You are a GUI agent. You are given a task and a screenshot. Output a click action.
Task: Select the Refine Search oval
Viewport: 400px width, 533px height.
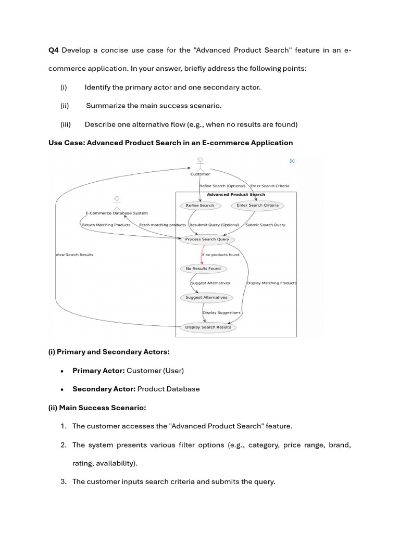tap(200, 206)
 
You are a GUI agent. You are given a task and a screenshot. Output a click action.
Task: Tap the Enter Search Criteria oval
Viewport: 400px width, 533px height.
tap(257, 205)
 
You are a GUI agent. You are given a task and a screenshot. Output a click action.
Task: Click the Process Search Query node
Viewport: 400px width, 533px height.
tap(207, 239)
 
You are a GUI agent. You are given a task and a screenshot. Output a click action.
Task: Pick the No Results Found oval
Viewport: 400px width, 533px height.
tap(203, 269)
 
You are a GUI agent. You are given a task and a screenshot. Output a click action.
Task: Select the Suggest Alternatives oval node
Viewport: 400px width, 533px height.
tap(206, 298)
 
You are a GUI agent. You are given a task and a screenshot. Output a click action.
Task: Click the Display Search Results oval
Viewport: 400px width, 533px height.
tap(208, 327)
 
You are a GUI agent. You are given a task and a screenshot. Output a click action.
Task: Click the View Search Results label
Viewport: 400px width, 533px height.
tap(74, 255)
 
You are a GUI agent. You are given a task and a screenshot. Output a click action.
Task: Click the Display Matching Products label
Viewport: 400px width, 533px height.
tap(271, 283)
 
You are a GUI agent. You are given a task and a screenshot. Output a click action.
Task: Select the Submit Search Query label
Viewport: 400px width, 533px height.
tap(265, 225)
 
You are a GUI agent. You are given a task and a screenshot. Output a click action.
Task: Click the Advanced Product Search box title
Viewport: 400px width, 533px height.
tap(236, 195)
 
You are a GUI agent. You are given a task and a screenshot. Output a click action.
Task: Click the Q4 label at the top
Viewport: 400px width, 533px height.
tap(54, 50)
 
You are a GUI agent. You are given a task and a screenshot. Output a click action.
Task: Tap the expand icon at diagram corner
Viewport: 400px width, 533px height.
tap(292, 161)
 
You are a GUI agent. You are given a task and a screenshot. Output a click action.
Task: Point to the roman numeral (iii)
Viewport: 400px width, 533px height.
tap(66, 124)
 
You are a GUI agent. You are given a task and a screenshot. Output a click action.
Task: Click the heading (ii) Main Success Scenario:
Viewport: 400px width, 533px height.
tap(97, 408)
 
